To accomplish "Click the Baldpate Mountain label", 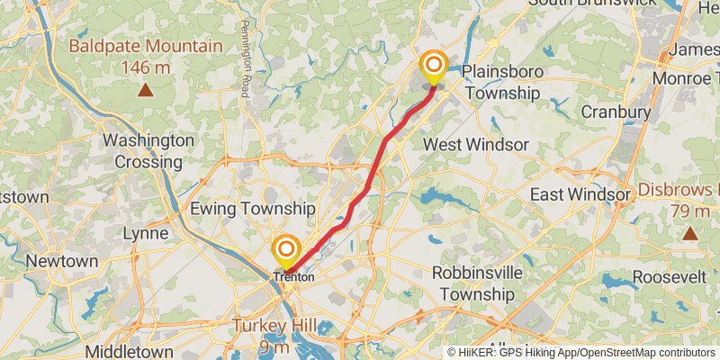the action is tap(145, 46).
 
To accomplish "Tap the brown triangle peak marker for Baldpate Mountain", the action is tap(145, 89).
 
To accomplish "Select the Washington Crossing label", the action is tap(148, 151).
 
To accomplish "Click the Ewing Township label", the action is tap(252, 209).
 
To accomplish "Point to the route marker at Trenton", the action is tap(286, 249).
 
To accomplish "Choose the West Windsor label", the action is tap(463, 144).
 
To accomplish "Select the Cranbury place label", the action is tap(616, 112).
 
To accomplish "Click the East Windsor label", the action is tap(580, 194).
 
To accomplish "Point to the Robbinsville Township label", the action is tap(485, 283).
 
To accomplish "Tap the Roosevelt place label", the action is tap(669, 277).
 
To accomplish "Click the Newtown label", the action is tap(61, 261).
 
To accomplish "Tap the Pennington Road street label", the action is tap(245, 61).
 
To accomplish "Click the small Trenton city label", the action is tap(293, 277).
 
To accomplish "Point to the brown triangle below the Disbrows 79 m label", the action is tap(689, 234).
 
